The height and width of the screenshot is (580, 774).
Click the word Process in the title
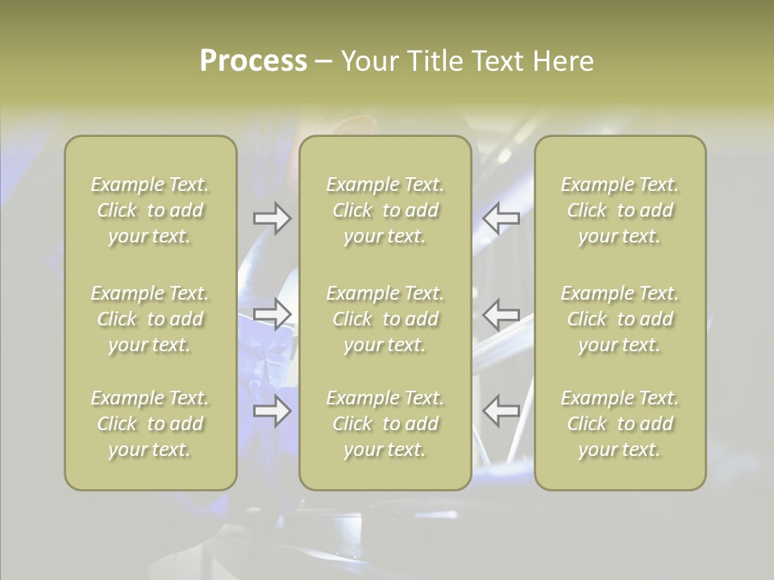pos(253,60)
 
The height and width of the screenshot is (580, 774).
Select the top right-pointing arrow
pos(272,218)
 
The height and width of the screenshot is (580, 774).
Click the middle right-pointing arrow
pos(272,314)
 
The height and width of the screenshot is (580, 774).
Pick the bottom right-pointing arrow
pos(272,411)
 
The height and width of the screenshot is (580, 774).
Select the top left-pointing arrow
pos(501,218)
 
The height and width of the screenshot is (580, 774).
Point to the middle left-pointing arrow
pos(501,314)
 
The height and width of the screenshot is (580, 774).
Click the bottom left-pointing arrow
pos(501,411)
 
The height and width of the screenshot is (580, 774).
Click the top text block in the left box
pos(150,210)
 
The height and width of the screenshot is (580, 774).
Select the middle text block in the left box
pos(150,319)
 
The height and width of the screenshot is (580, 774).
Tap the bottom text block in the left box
pos(150,424)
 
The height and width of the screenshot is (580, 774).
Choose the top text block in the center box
pos(385,210)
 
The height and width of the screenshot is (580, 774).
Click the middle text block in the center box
pos(385,319)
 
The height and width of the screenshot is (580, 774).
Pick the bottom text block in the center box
pos(385,424)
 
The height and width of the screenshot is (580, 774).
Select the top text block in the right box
pos(620,210)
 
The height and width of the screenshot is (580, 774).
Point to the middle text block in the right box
pos(620,319)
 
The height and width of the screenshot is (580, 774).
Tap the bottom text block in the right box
pos(620,424)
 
